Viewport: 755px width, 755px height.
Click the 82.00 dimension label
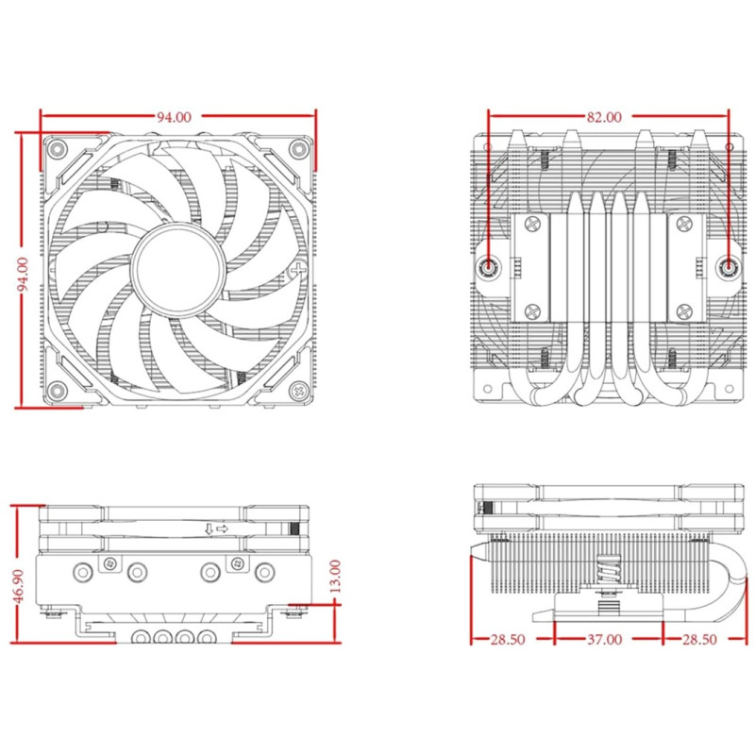point(604,118)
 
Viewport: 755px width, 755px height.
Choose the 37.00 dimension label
point(604,639)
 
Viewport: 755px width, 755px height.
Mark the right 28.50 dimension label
point(699,639)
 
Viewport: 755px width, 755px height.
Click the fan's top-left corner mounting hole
point(56,148)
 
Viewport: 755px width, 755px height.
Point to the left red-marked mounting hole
point(489,267)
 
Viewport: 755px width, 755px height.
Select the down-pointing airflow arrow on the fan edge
point(209,528)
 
